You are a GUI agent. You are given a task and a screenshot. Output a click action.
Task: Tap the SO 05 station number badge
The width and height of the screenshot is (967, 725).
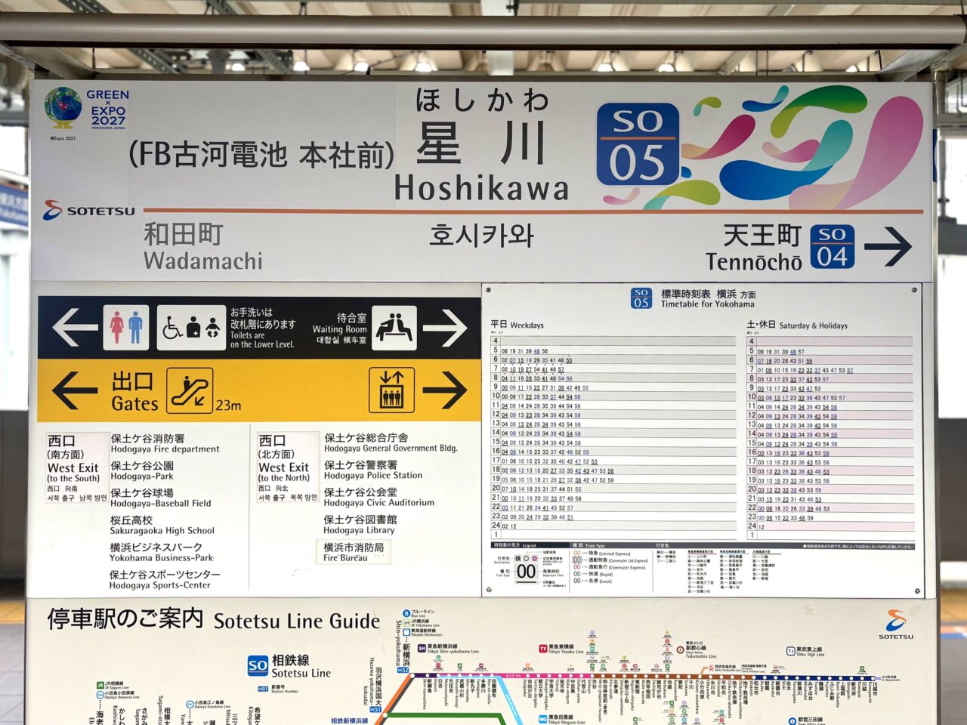click(x=638, y=144)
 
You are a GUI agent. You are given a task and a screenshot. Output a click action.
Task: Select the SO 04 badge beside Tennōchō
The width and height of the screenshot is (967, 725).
click(x=831, y=247)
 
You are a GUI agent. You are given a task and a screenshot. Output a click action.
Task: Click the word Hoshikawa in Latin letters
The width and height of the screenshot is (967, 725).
click(x=481, y=189)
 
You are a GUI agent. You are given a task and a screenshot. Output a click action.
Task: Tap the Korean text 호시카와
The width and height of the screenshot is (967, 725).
click(x=481, y=236)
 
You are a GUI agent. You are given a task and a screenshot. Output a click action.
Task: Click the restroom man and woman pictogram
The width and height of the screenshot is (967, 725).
click(x=126, y=328)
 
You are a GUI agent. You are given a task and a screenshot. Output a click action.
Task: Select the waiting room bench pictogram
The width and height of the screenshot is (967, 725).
click(x=394, y=329)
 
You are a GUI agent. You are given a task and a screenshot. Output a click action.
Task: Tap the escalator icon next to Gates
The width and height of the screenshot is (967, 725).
click(x=190, y=390)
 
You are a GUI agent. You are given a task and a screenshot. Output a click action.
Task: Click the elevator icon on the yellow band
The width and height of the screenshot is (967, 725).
click(x=391, y=390)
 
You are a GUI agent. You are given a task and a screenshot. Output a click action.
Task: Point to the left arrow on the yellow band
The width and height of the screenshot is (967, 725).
click(x=74, y=390)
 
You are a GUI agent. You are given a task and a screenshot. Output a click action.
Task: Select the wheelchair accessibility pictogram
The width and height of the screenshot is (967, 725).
click(x=172, y=329)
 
